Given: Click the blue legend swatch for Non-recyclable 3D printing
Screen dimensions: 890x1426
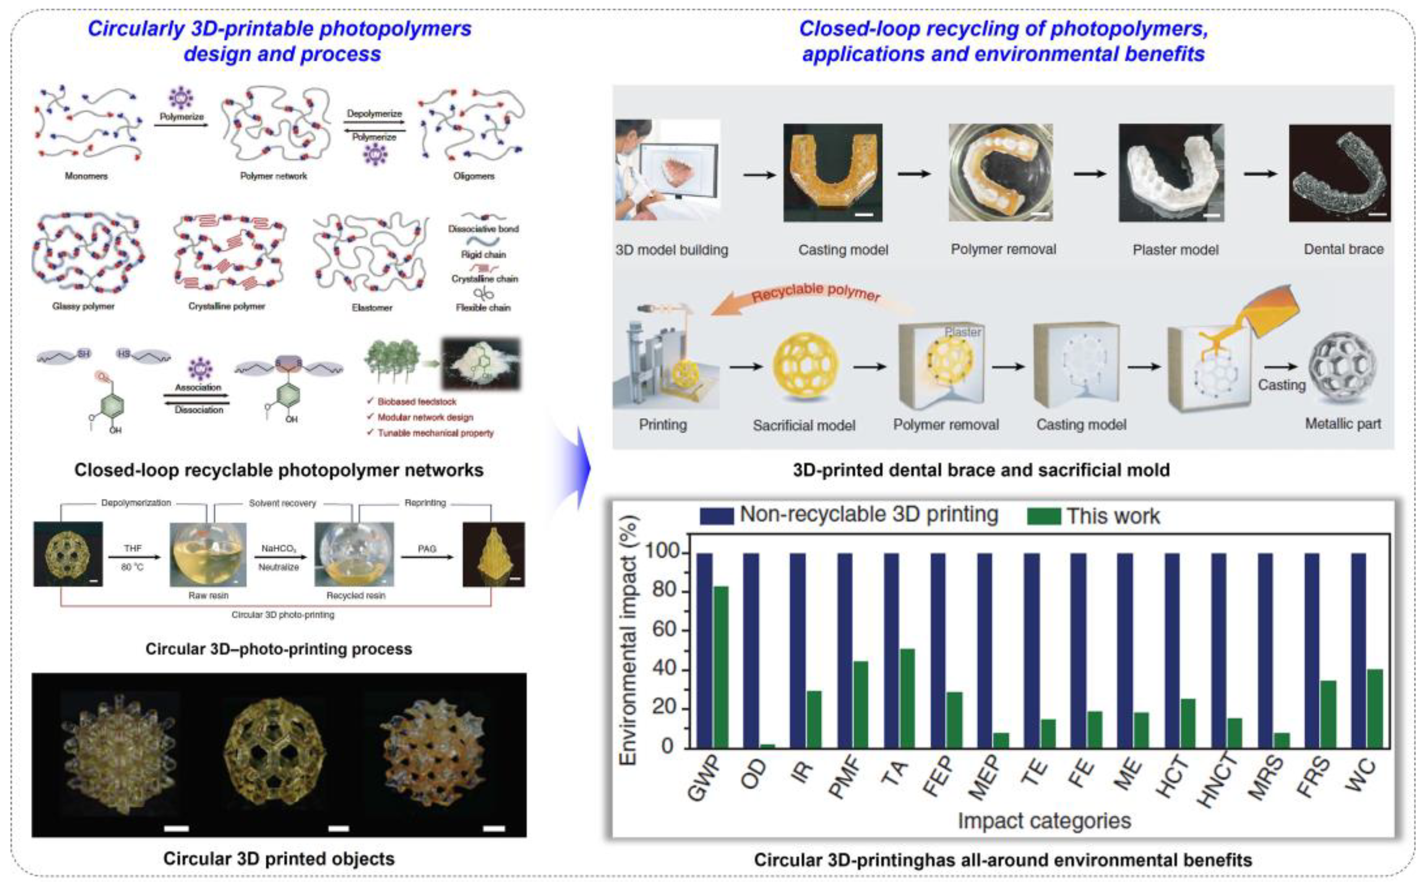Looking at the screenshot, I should pos(716,516).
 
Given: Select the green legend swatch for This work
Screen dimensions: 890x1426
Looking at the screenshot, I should pos(1044,517).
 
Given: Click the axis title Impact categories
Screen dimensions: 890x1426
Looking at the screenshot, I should pos(1044,821).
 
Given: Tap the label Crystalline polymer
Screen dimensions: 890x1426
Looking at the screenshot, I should pos(227,306).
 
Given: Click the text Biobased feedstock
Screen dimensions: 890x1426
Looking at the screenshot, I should pos(417,402).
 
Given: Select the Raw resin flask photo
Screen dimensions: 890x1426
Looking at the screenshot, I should pos(208,554).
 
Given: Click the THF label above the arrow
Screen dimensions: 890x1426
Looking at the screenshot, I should pos(133,548).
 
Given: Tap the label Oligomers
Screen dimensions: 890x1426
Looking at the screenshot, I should pos(474,176).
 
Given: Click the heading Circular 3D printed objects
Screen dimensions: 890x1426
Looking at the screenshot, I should pos(279,859).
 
